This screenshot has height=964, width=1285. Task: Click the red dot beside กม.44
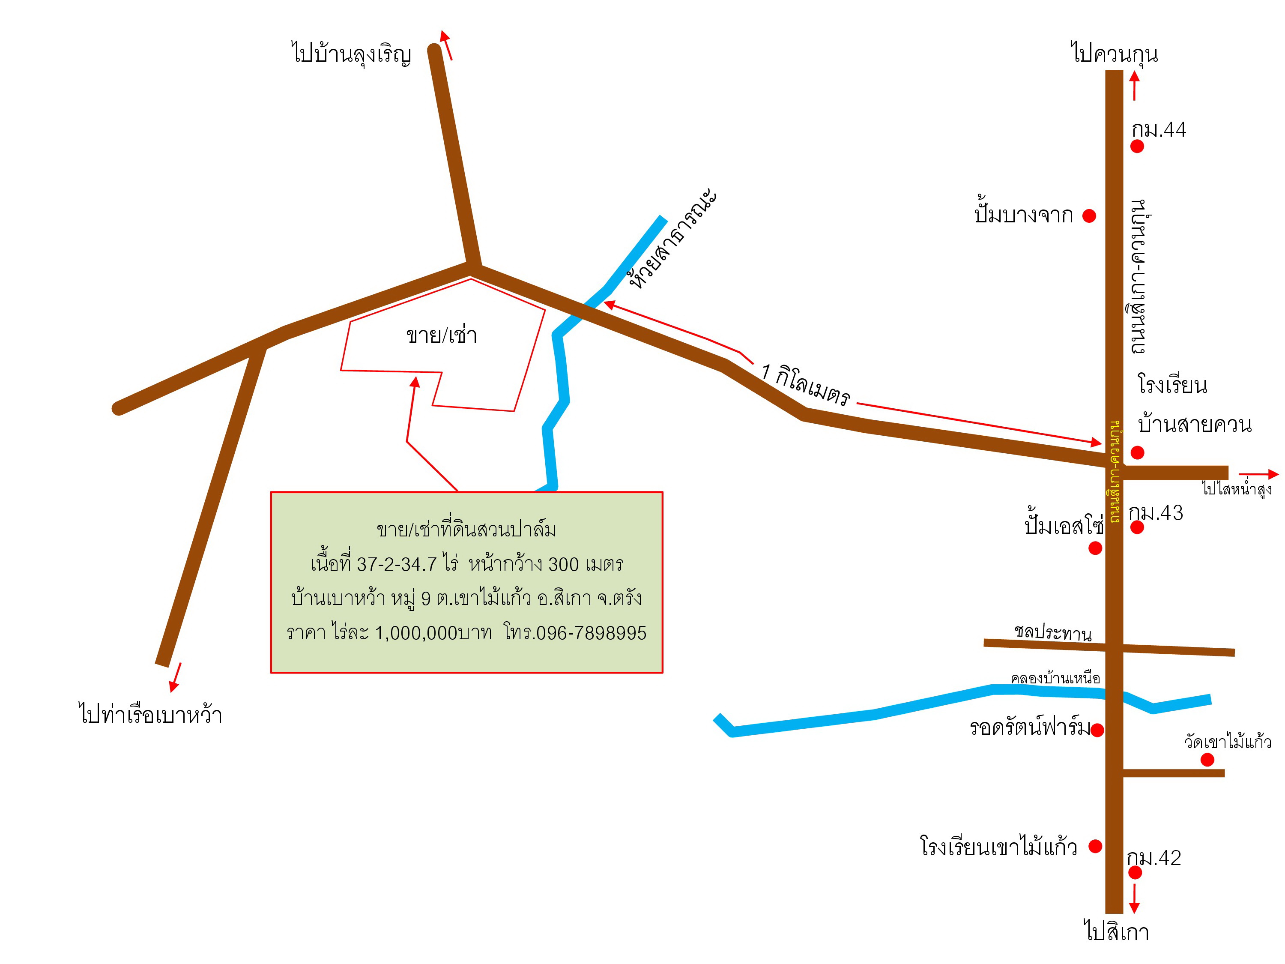point(1137,147)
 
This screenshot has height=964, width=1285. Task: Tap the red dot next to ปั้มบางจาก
point(1089,216)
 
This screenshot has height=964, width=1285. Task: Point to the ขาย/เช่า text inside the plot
point(442,335)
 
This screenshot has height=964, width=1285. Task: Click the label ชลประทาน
point(1053,633)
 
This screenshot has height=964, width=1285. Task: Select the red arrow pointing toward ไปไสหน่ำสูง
point(1258,474)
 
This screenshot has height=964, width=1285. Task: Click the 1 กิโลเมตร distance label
point(806,384)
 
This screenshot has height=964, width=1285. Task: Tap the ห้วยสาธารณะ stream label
point(673,239)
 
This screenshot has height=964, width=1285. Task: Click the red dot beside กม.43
point(1137,527)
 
